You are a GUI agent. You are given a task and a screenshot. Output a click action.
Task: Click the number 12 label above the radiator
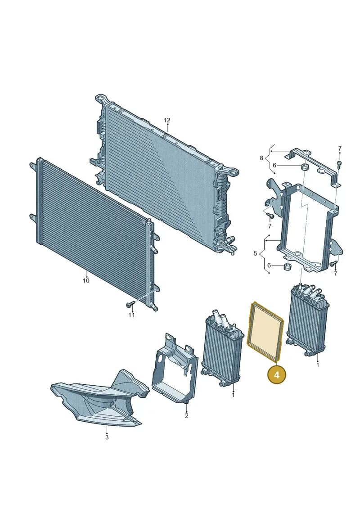(x=166, y=121)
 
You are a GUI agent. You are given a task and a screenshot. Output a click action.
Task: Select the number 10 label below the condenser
(x=85, y=280)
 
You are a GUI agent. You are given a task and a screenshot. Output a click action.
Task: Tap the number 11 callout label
(x=131, y=315)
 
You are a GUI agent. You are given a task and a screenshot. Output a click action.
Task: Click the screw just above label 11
(x=131, y=305)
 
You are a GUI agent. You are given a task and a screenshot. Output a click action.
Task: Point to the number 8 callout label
(x=261, y=158)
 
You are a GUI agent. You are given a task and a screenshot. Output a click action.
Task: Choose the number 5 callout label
(x=255, y=253)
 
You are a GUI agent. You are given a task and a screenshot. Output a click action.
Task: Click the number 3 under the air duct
(x=107, y=437)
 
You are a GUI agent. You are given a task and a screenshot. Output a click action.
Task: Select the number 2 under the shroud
(x=187, y=415)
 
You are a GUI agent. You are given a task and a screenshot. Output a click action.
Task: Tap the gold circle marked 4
(x=277, y=375)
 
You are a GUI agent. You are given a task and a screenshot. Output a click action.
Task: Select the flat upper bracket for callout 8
(x=312, y=167)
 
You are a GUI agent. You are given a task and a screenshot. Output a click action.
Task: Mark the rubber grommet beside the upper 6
(x=305, y=168)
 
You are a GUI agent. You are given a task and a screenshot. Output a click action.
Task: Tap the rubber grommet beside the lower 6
(x=287, y=267)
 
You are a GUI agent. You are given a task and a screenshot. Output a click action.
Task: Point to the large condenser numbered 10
(x=94, y=234)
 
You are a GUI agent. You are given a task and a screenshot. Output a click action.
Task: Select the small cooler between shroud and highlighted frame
(x=223, y=347)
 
